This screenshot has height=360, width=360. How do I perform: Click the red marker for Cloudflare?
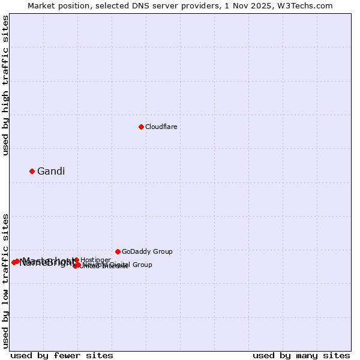[x=141, y=127]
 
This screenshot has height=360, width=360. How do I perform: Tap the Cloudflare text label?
[x=161, y=127]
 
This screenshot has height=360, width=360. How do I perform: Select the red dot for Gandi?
[x=32, y=171]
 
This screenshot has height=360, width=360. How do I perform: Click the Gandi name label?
[x=51, y=172]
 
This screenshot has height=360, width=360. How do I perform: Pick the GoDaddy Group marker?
[x=118, y=251]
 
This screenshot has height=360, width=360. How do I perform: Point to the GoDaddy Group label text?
[x=147, y=251]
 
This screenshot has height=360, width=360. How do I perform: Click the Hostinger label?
[x=95, y=260]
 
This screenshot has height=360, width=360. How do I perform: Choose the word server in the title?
[x=167, y=5]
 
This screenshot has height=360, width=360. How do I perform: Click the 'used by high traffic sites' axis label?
[x=6, y=85]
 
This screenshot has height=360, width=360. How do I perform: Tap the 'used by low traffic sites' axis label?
[x=6, y=280]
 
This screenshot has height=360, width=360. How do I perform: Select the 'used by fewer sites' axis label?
[x=62, y=355]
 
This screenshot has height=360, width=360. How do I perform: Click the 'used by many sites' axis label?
[x=301, y=355]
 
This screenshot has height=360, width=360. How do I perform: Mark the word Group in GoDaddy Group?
[x=162, y=251]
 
